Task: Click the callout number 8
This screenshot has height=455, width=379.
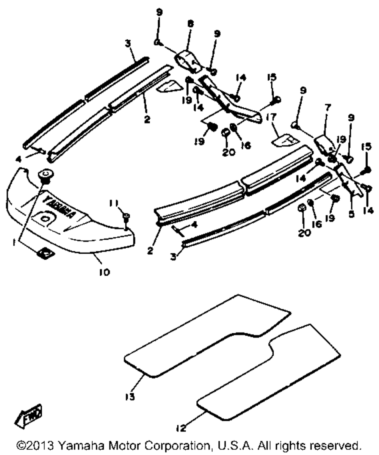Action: pyautogui.click(x=190, y=24)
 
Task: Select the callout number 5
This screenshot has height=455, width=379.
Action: pyautogui.click(x=351, y=214)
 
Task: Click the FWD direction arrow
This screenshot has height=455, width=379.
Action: pyautogui.click(x=28, y=414)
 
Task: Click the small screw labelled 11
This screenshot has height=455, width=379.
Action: pyautogui.click(x=126, y=219)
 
